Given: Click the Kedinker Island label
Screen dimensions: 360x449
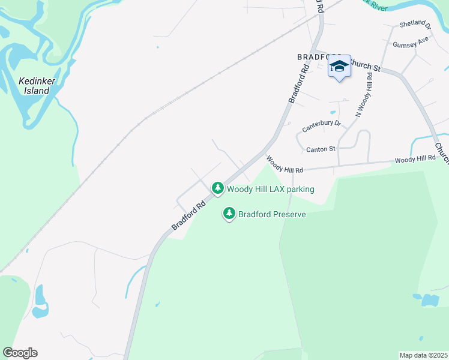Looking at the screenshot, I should click(34, 86).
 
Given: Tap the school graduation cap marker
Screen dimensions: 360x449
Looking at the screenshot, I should click(339, 67).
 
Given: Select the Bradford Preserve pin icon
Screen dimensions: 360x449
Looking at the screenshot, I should click(229, 213).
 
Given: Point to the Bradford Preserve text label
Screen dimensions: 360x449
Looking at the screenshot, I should click(272, 214).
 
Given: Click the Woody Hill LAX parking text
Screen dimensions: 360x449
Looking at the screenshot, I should click(270, 189).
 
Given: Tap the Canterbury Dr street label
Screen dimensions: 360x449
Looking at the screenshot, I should click(321, 125).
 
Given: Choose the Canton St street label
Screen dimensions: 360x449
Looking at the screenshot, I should click(319, 149).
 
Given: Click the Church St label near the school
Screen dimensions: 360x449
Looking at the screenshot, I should click(365, 65).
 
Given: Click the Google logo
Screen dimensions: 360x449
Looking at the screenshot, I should click(20, 353).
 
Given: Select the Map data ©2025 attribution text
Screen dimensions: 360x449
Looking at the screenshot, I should click(423, 355).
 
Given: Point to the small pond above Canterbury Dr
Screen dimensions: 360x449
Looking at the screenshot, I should click(333, 112).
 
